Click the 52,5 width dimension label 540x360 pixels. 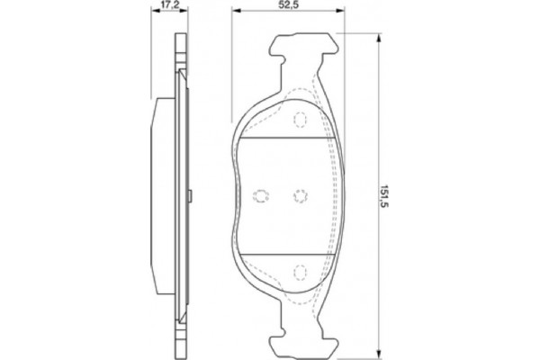coord(287,5)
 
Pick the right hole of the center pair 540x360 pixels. coord(300,195)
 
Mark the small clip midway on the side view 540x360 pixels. coord(192,194)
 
